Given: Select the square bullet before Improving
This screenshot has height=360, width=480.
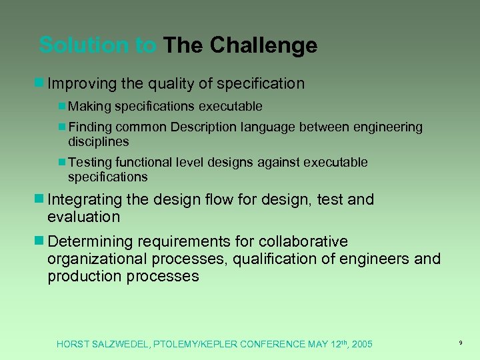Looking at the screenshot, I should [39, 83].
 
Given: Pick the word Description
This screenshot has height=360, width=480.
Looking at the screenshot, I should [205, 127].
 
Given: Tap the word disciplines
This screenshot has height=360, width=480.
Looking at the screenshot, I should [98, 141].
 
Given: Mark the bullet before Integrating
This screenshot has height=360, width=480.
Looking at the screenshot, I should [39, 199].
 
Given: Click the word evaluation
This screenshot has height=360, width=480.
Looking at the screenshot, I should [83, 217].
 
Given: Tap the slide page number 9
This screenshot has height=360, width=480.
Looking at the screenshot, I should [461, 343].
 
